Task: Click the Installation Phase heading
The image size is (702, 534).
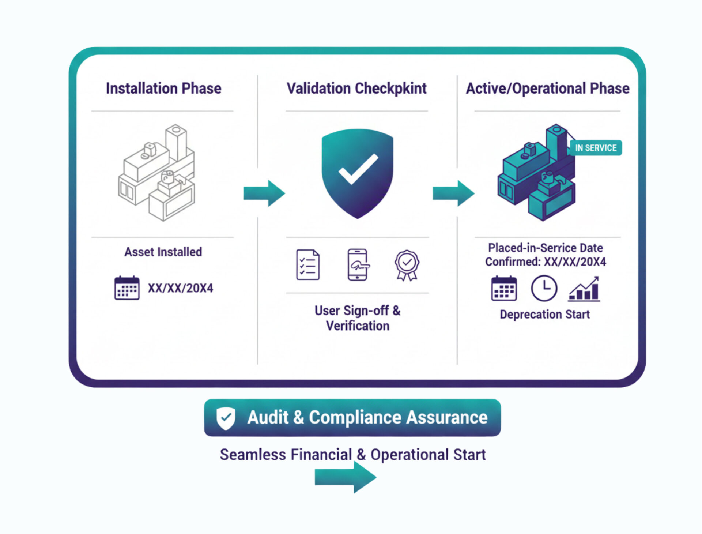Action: pyautogui.click(x=163, y=89)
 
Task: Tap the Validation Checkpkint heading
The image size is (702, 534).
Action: pyautogui.click(x=356, y=89)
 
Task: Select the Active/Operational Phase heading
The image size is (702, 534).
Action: pyautogui.click(x=547, y=89)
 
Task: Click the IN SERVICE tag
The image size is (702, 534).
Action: pyautogui.click(x=596, y=148)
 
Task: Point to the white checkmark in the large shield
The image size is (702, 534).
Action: pyautogui.click(x=358, y=169)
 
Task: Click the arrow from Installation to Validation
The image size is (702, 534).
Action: pyautogui.click(x=264, y=193)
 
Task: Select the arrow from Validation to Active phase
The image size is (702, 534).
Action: pyautogui.click(x=454, y=193)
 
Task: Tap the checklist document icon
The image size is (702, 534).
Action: pyautogui.click(x=307, y=265)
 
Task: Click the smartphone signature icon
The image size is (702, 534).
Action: pyautogui.click(x=358, y=265)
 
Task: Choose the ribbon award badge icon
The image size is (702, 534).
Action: pyautogui.click(x=407, y=265)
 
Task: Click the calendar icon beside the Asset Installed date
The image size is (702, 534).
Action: pyautogui.click(x=127, y=288)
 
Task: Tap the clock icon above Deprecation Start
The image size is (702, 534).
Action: pyautogui.click(x=544, y=289)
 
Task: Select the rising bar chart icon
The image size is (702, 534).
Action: pyautogui.click(x=584, y=289)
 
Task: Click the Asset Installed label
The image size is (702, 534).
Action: pyautogui.click(x=163, y=252)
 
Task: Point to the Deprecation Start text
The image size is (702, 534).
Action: pyautogui.click(x=544, y=315)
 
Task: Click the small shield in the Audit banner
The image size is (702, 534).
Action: pyautogui.click(x=226, y=418)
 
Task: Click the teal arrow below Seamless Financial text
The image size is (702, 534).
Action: pyautogui.click(x=346, y=477)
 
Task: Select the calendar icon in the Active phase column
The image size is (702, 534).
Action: pyautogui.click(x=504, y=289)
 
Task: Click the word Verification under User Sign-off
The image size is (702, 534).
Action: pyautogui.click(x=357, y=326)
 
